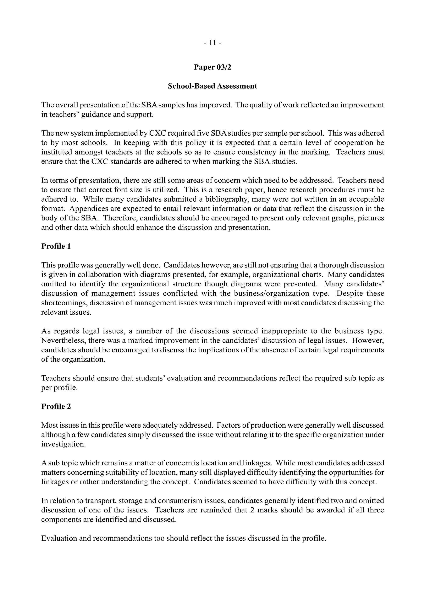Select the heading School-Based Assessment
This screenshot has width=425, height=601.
[x=212, y=86]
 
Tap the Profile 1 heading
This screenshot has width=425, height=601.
[x=56, y=246]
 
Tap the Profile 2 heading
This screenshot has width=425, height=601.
[x=56, y=406]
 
